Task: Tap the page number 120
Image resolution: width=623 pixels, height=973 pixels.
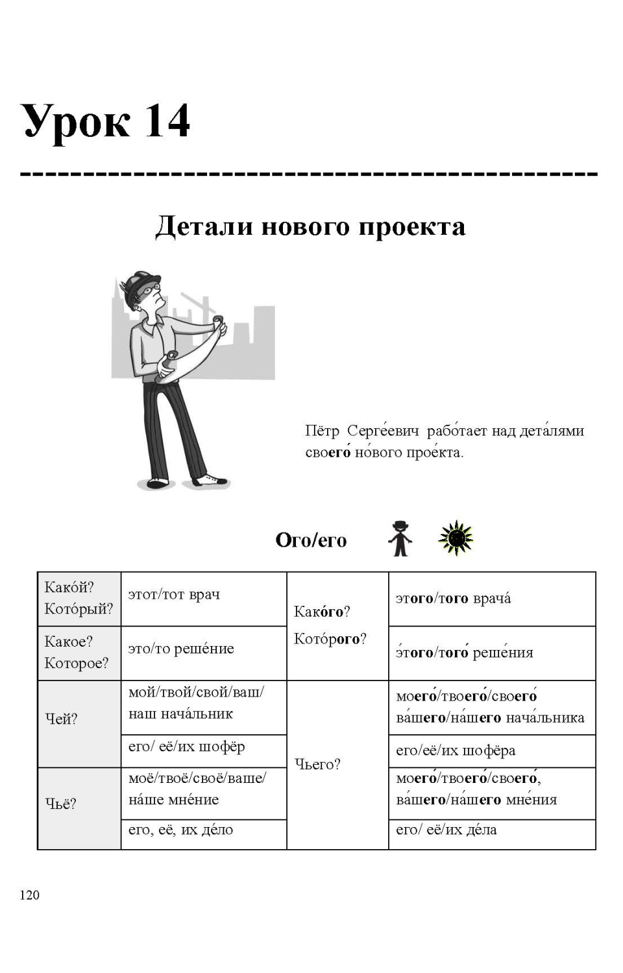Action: (x=29, y=895)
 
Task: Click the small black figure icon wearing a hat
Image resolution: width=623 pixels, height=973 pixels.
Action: (x=400, y=538)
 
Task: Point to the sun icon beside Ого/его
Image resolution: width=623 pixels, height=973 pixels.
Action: (x=456, y=538)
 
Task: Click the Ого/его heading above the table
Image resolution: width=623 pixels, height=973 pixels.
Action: (x=311, y=540)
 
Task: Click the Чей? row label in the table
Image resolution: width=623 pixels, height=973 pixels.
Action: (x=61, y=719)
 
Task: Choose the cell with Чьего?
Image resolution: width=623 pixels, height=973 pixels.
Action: (x=317, y=764)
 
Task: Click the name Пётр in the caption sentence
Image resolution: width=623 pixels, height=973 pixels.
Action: (x=322, y=431)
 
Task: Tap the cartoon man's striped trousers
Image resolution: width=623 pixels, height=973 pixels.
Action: (x=172, y=428)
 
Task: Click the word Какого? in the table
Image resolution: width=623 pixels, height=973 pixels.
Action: (x=322, y=611)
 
